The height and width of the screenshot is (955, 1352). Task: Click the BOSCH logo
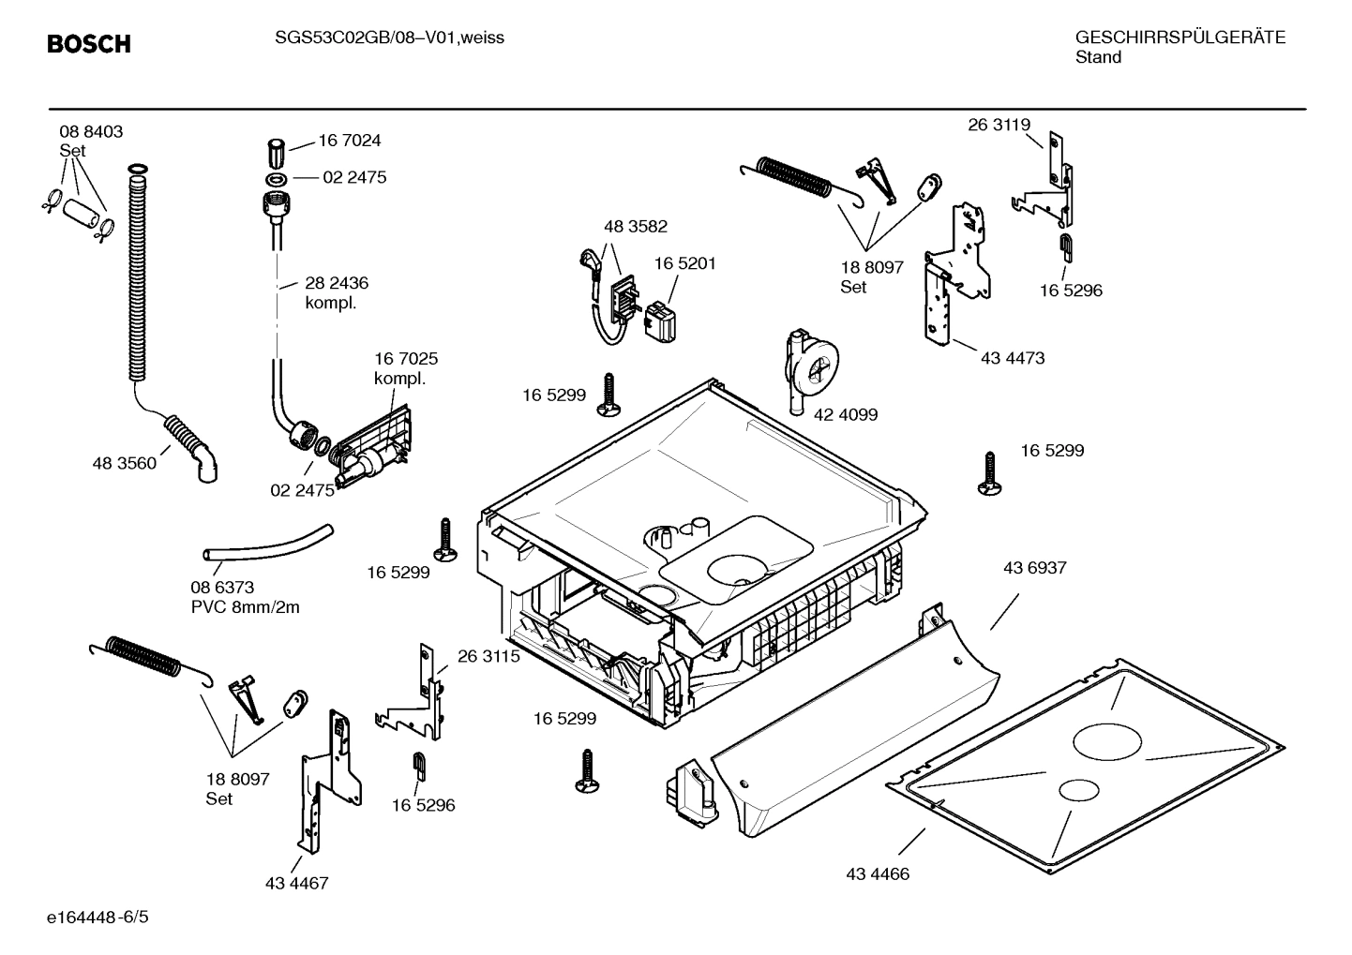(89, 44)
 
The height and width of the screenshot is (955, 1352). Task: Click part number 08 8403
(91, 132)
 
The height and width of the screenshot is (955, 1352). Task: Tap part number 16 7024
(350, 141)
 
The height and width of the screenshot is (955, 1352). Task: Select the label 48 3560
(124, 463)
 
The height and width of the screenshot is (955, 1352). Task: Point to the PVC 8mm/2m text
(245, 607)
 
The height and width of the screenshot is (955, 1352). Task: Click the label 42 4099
(846, 414)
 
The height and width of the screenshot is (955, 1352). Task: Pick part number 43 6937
(1034, 568)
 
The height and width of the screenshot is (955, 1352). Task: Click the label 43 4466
(878, 874)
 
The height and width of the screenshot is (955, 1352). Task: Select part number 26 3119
(999, 125)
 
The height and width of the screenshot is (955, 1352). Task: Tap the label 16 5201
(684, 263)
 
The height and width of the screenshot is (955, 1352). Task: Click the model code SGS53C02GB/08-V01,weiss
(389, 38)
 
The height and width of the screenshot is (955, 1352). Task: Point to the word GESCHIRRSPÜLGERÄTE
(1179, 38)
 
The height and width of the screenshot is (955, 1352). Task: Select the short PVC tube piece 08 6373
(268, 547)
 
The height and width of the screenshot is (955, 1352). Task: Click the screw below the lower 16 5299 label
(587, 771)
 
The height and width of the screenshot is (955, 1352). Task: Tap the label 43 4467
(296, 883)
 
